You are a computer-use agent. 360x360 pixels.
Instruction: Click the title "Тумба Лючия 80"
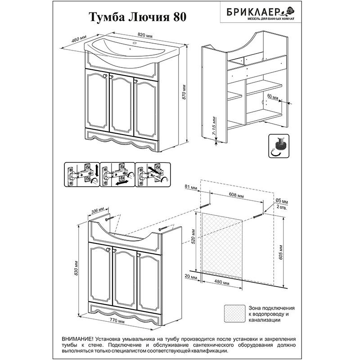point(137,17)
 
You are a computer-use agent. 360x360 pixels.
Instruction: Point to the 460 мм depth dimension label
point(79,39)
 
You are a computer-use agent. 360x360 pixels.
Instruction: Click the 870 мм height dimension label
point(184,92)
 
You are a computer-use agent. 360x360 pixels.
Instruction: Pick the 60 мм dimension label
point(273,97)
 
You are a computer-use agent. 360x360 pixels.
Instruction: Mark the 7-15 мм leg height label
point(214,126)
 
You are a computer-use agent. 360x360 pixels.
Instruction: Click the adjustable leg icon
point(279,146)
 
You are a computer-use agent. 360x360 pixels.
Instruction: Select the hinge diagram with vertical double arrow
point(82,175)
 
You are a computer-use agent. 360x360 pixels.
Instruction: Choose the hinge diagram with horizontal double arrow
point(117,175)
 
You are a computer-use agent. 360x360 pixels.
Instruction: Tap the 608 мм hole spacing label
point(237,196)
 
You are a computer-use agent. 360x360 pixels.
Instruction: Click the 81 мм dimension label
point(191,187)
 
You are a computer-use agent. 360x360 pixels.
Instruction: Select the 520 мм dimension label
point(193,237)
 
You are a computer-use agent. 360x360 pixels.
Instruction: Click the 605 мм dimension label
point(280,252)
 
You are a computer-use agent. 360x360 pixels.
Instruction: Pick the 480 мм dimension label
point(222,282)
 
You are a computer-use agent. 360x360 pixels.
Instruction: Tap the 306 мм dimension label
point(98,210)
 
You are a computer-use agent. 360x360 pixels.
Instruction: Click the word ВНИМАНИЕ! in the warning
point(77,339)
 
